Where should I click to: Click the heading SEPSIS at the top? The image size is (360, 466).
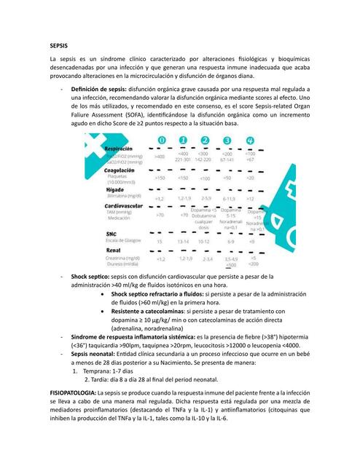point(59,45)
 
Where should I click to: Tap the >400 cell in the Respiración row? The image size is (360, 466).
point(160,157)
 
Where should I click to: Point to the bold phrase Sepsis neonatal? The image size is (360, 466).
point(97,351)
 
